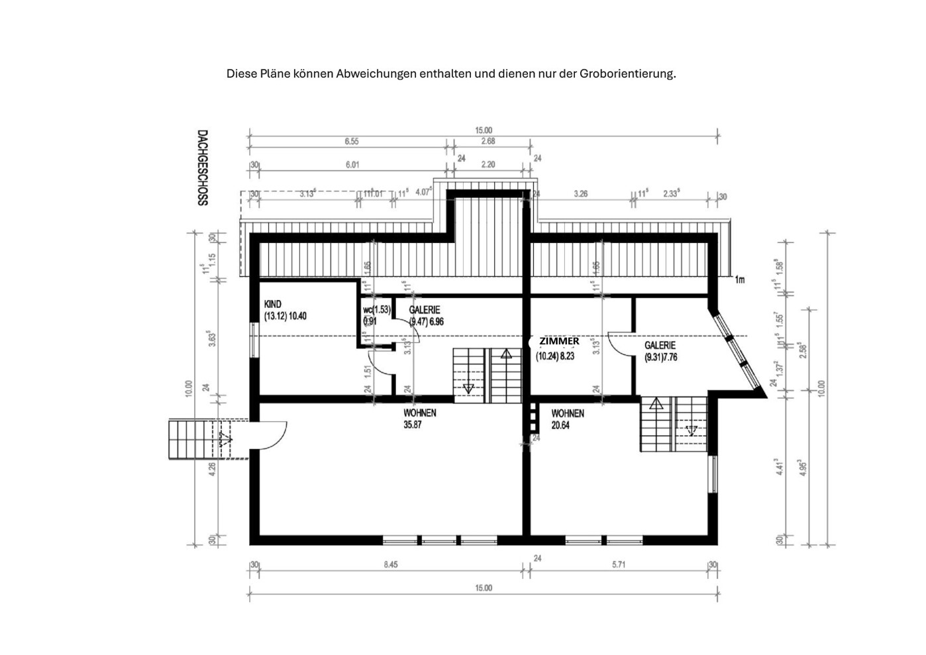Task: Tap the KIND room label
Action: pos(272,305)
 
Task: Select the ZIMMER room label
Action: pos(559,341)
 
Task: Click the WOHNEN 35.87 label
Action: pos(419,419)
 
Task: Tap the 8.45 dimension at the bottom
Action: pos(391,565)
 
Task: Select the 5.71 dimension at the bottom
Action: pos(619,565)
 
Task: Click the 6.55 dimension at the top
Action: pos(351,142)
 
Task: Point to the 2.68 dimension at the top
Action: pos(488,142)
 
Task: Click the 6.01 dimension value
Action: pos(352,165)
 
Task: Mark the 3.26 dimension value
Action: pos(580,194)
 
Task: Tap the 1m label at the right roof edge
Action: pos(739,280)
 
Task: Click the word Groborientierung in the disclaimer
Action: pos(627,74)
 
